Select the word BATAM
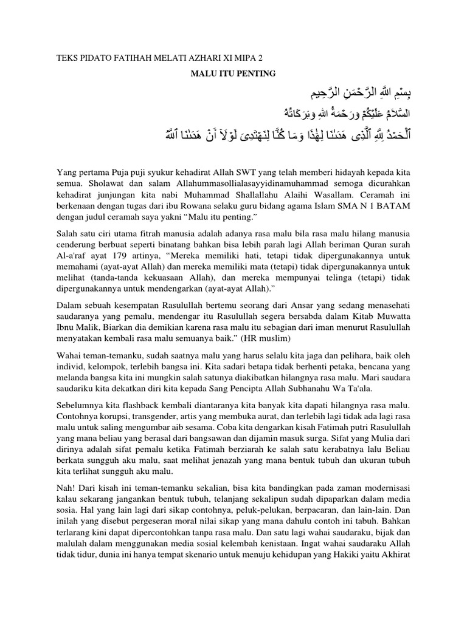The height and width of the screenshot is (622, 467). point(396,207)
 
